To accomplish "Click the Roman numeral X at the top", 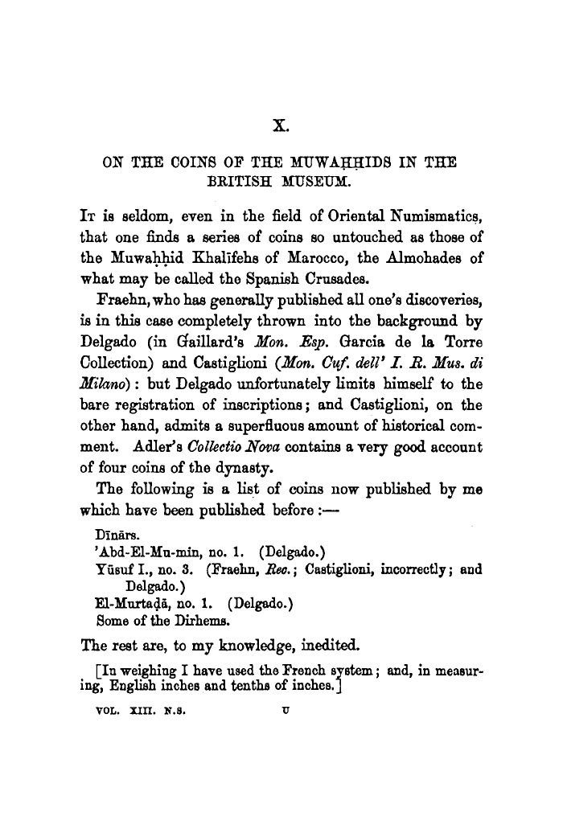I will click(281, 125).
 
